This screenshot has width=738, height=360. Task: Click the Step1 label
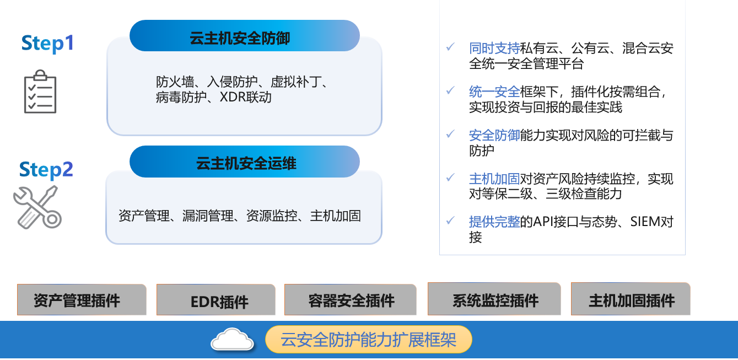click(x=47, y=44)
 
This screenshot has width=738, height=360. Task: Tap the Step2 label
click(x=46, y=170)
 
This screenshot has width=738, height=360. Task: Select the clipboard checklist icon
click(x=40, y=92)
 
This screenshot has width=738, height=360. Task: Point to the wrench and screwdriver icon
click(x=37, y=207)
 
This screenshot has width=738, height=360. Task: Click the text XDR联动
click(x=245, y=97)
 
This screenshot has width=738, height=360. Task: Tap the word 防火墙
click(x=175, y=82)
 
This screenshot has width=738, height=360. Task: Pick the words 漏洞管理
click(x=208, y=216)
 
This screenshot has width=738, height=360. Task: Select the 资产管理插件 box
click(x=82, y=300)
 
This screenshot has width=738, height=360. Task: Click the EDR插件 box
click(x=216, y=300)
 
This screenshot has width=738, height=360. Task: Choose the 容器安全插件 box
click(x=350, y=300)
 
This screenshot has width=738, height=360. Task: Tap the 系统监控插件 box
click(x=494, y=299)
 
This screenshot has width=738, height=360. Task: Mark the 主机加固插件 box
click(x=631, y=299)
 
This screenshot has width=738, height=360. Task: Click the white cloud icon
click(x=232, y=339)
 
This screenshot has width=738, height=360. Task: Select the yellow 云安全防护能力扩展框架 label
click(x=368, y=340)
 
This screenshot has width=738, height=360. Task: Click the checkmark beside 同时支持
click(x=450, y=47)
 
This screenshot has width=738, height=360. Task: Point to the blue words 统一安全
click(x=494, y=92)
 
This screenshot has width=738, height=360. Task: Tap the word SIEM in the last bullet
click(x=646, y=222)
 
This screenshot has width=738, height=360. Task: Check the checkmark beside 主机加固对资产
click(x=450, y=178)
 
